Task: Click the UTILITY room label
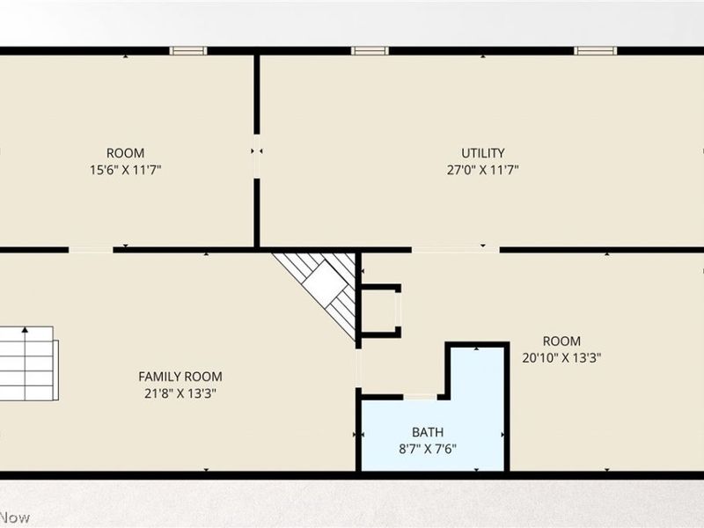[482, 153]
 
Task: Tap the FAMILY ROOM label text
[180, 377]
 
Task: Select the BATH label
[428, 432]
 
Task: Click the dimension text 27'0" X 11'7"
[482, 170]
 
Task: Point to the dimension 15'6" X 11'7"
[125, 170]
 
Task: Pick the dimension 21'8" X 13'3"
[180, 393]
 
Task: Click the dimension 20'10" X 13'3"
[561, 358]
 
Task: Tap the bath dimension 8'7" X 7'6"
[428, 449]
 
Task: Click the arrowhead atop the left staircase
[26, 330]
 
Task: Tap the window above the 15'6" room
[188, 51]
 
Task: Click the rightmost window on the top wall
[595, 51]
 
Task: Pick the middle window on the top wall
[370, 51]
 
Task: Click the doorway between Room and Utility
[257, 157]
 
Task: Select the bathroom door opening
[421, 397]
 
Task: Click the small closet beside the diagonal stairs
[380, 311]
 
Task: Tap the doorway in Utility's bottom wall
[455, 250]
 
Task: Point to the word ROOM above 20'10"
[561, 341]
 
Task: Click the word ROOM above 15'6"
[125, 153]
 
